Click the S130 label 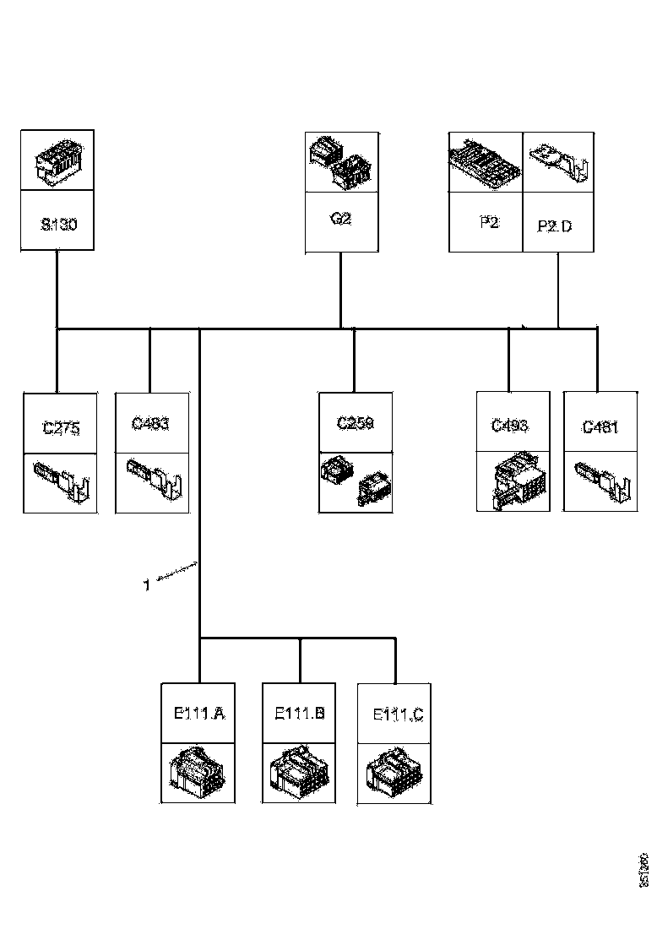[x=57, y=226]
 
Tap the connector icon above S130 [x=57, y=160]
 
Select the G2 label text [x=340, y=219]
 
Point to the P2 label [x=488, y=223]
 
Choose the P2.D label [x=554, y=226]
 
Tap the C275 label [x=61, y=428]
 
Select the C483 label [x=150, y=424]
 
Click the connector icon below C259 [x=355, y=482]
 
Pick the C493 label [x=510, y=425]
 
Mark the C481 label [x=600, y=427]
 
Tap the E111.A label [x=198, y=714]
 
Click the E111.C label [x=398, y=715]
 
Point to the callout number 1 [x=146, y=584]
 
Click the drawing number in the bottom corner [x=643, y=870]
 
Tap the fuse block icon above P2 [x=486, y=161]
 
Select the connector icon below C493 [x=513, y=482]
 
